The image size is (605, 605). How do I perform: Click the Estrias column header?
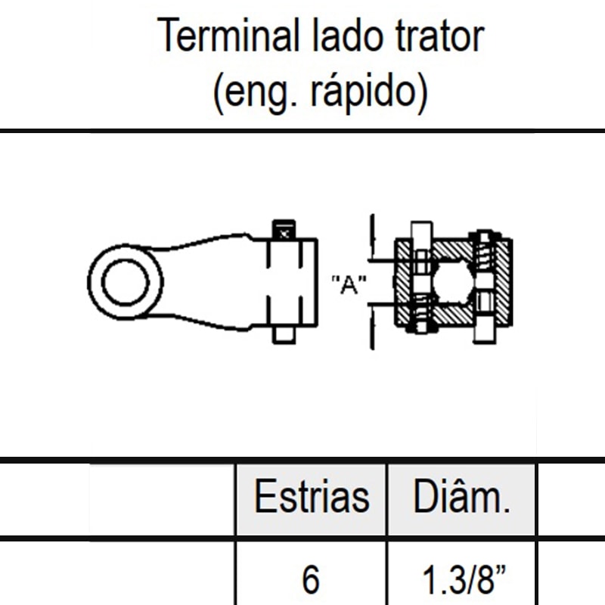[x=312, y=498]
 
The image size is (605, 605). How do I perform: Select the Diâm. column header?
[x=461, y=498]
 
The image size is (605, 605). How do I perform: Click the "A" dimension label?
[x=349, y=285]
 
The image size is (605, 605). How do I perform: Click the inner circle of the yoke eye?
[x=126, y=282]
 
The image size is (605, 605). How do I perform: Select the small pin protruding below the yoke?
[x=284, y=334]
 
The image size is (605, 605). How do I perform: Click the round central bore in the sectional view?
[x=452, y=282]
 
